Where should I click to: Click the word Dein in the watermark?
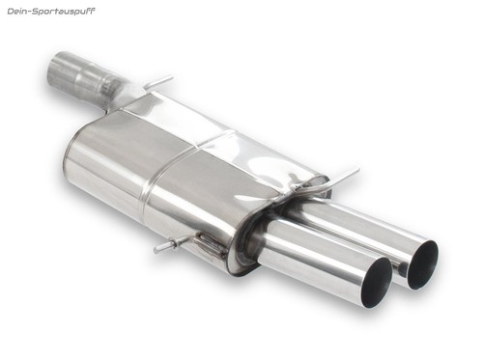15,12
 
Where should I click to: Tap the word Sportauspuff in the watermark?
63,12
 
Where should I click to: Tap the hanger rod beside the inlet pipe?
158,82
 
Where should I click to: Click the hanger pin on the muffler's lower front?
168,245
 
